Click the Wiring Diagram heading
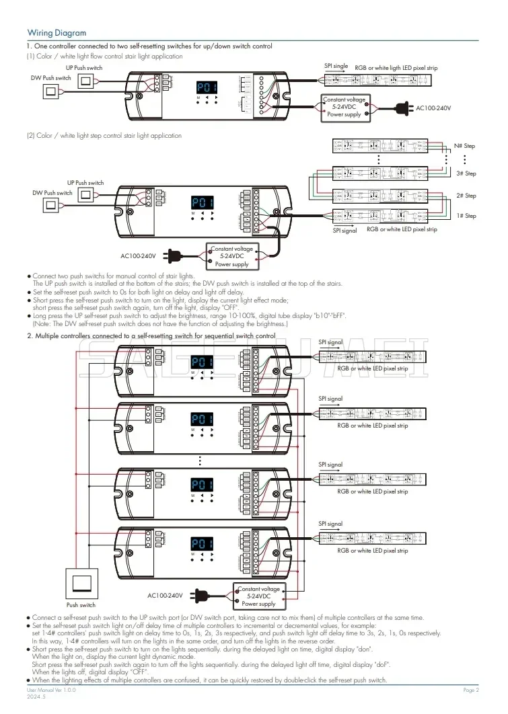[57, 33]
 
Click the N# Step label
[464, 146]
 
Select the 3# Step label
[466, 173]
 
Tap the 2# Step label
[466, 196]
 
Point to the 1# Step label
[466, 216]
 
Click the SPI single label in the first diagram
[336, 67]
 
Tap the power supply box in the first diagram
[344, 107]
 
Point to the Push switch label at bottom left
[81, 605]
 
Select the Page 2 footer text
[470, 690]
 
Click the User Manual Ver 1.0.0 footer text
[51, 690]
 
